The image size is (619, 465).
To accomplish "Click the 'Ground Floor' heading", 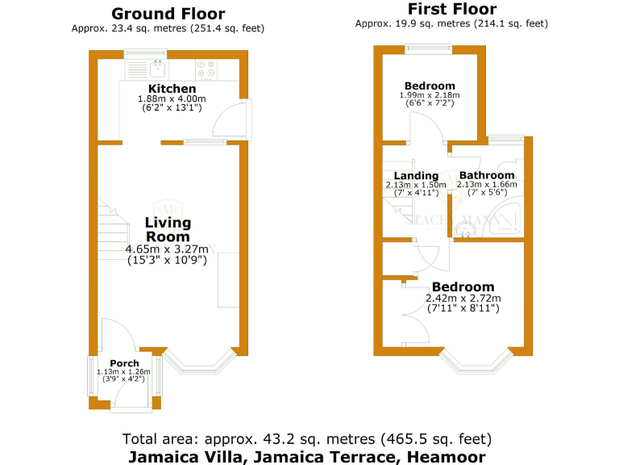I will coord(168,14).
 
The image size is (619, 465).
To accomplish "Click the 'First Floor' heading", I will coord(451,10).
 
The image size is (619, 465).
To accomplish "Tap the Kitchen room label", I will coord(172,89).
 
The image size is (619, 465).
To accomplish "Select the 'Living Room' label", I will coord(168,229).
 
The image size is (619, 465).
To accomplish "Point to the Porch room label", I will coord(123,363).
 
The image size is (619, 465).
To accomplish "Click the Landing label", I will coord(416,176).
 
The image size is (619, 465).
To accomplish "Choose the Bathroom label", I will coord(486,176).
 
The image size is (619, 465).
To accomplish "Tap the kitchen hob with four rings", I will coord(205,69).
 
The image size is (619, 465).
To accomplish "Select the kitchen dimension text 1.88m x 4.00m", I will coord(172,98).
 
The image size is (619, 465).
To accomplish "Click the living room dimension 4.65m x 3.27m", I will coord(168,249).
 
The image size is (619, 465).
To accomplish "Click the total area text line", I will coord(306,439).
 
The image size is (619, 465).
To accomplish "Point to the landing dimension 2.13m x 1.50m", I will coord(416,185).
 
